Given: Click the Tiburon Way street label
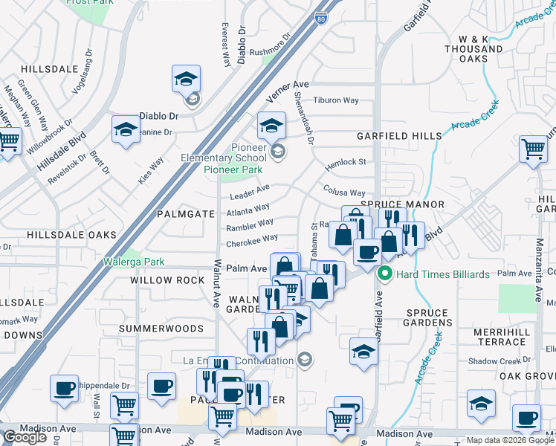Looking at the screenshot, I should point(336,100).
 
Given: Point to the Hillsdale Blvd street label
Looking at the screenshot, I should point(59,152).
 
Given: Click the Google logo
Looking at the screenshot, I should point(25,437).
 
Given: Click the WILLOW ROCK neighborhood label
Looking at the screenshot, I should point(167,280).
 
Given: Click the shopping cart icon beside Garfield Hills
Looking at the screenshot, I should point(533,149).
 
